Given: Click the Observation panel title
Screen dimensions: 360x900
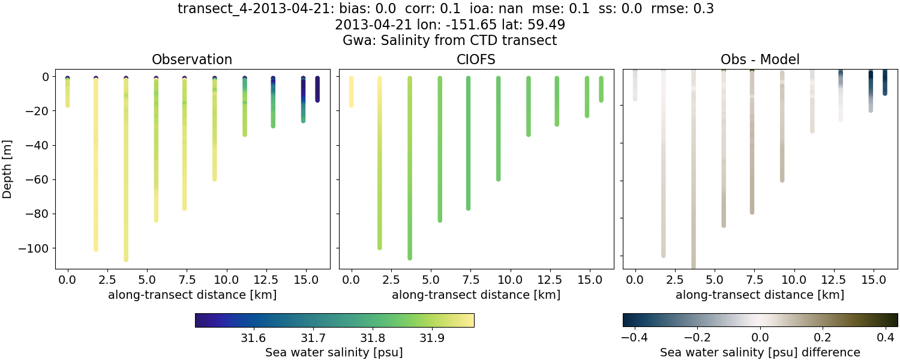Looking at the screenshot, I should point(192,59).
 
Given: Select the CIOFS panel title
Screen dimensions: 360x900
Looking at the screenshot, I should point(476,59).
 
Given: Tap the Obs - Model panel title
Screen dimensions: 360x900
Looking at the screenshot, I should point(760,59).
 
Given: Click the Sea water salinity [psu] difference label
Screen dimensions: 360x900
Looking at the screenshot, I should point(760,352).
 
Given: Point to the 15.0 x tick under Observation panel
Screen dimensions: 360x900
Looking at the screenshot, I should point(303,280).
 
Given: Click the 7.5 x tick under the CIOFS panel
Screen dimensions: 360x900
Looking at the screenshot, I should point(468,280).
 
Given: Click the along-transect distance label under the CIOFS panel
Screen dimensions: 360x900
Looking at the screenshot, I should point(476,295).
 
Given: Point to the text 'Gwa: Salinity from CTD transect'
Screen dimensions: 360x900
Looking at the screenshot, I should point(450,41).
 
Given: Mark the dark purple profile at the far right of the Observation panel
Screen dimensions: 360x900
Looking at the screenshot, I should point(317,89).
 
